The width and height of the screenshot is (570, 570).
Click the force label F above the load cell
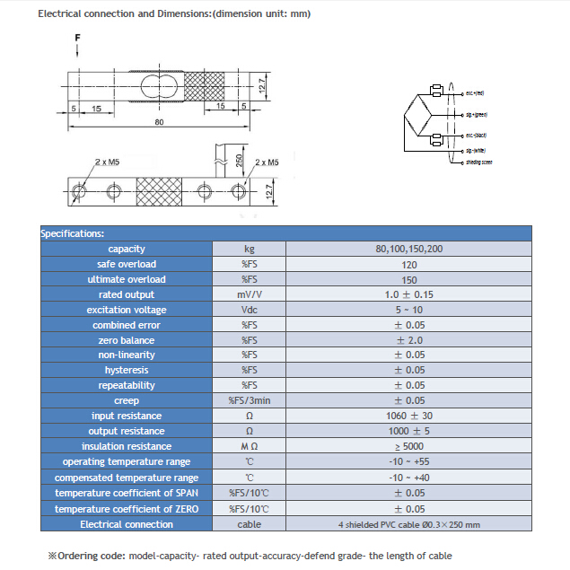pyautogui.click(x=78, y=37)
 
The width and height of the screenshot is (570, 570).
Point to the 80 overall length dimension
pyautogui.click(x=159, y=121)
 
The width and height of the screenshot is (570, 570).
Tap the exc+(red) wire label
pyautogui.click(x=475, y=92)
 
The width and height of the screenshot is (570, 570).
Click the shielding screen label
pyautogui.click(x=478, y=162)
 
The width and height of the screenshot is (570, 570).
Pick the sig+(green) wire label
pyautogui.click(x=476, y=114)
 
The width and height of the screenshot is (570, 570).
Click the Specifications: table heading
pyautogui.click(x=73, y=233)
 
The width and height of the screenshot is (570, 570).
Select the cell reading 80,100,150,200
pyautogui.click(x=408, y=249)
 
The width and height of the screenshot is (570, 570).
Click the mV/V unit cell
pyautogui.click(x=250, y=294)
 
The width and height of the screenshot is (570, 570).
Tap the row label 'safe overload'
pyautogui.click(x=127, y=264)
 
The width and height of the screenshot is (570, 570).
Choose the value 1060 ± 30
pyautogui.click(x=408, y=416)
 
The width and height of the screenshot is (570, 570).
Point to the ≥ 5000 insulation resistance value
pyautogui.click(x=408, y=446)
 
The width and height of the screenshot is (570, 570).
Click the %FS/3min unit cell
pyautogui.click(x=250, y=400)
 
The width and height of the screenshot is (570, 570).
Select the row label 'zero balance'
pyautogui.click(x=127, y=340)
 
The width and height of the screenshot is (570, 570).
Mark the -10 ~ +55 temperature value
pyautogui.click(x=408, y=461)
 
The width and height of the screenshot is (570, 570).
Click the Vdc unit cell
pyautogui.click(x=250, y=310)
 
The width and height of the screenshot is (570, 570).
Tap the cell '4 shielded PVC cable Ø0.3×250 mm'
pyautogui.click(x=408, y=524)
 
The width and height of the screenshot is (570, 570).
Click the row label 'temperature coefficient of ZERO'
pyautogui.click(x=127, y=509)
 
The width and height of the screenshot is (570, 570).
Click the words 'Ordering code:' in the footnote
pyautogui.click(x=92, y=556)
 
